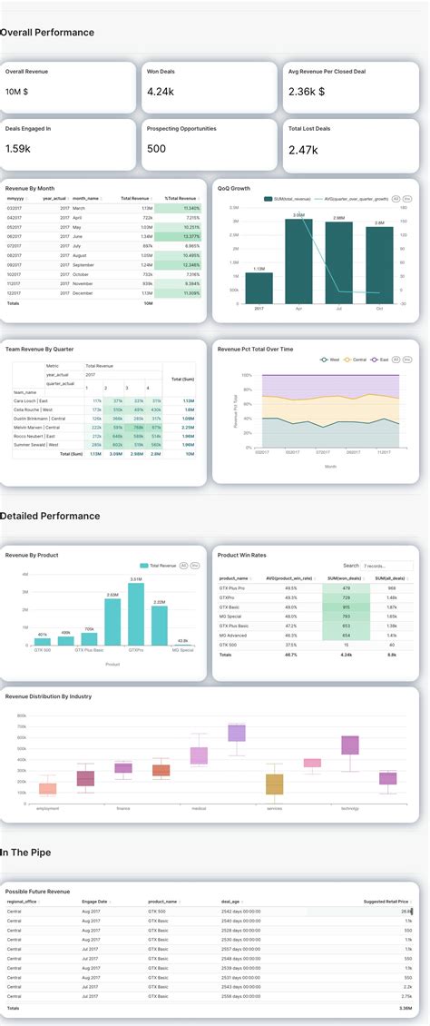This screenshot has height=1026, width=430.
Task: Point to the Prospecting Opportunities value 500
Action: (156, 149)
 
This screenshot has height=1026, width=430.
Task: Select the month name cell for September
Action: (85, 264)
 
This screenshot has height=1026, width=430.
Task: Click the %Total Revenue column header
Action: (180, 198)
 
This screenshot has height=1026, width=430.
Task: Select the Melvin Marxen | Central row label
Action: (37, 427)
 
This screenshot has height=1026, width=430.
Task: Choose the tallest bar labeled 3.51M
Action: (136, 614)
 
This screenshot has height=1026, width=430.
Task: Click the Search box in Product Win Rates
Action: (386, 565)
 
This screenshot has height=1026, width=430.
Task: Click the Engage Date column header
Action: (94, 902)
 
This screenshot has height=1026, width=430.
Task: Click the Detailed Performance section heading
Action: (50, 516)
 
